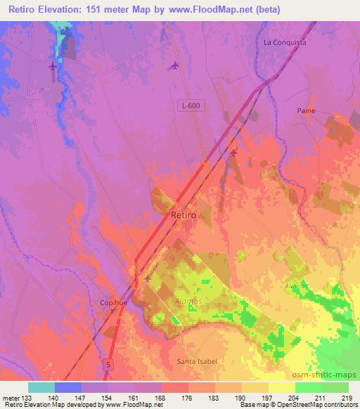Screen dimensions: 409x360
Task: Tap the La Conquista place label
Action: pyautogui.click(x=285, y=42)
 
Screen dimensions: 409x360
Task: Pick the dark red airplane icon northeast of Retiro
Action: pyautogui.click(x=233, y=151)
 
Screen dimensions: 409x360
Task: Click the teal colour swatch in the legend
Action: pyautogui.click(x=41, y=387)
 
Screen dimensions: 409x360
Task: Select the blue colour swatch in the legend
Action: pyautogui.click(x=68, y=387)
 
